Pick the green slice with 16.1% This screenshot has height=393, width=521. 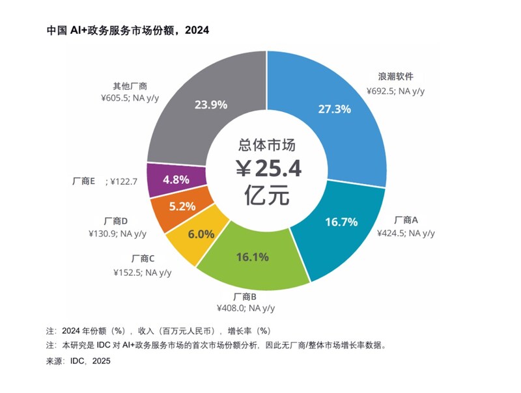click(253, 257)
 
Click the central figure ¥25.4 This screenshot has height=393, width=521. click(268, 170)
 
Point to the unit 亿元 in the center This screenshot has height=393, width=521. click(267, 195)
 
